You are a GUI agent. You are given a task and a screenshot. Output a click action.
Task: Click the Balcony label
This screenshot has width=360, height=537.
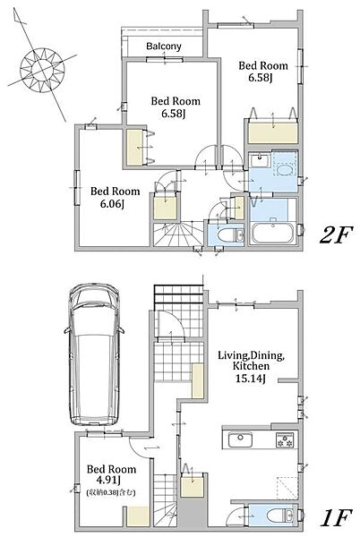(164, 47)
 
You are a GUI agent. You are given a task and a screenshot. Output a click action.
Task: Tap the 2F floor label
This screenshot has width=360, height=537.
(336, 236)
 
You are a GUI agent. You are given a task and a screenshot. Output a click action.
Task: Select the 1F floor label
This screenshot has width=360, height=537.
(337, 518)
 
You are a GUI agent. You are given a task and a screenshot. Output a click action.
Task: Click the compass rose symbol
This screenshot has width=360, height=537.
(42, 70)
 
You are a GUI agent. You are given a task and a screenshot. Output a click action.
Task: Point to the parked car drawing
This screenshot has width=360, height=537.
(94, 354)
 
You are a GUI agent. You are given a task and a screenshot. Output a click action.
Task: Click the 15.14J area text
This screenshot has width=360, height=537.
(251, 379)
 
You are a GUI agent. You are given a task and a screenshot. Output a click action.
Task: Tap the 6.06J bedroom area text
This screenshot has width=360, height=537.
(112, 204)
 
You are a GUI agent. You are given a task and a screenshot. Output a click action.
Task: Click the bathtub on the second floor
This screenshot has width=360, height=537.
(272, 234)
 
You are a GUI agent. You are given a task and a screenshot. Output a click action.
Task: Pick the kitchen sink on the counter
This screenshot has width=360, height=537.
(241, 439)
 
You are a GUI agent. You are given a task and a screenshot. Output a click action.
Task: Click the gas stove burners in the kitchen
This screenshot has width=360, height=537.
(285, 440)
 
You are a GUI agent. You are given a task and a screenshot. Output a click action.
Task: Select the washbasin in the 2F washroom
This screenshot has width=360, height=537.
(260, 160)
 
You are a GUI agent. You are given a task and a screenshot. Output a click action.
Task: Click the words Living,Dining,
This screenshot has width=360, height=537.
(251, 355)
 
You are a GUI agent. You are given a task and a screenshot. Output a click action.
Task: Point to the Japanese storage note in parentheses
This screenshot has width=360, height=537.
(111, 493)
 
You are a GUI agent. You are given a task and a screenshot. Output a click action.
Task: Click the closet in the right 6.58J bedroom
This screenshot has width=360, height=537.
(272, 132)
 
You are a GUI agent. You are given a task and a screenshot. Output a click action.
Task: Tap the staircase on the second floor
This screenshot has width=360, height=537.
(178, 234)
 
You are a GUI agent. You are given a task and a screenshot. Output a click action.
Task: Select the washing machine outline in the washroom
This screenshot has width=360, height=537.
(285, 164)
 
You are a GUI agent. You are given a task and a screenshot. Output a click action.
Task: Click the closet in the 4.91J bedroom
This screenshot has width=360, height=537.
(138, 516)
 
